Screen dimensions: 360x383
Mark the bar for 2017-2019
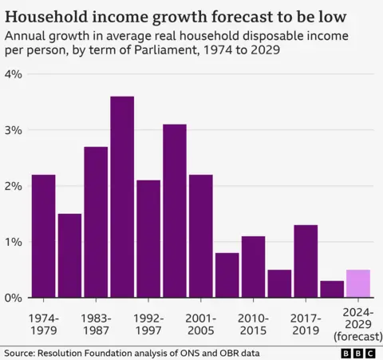pos(306,261)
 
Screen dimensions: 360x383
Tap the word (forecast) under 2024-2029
pos(357,336)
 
